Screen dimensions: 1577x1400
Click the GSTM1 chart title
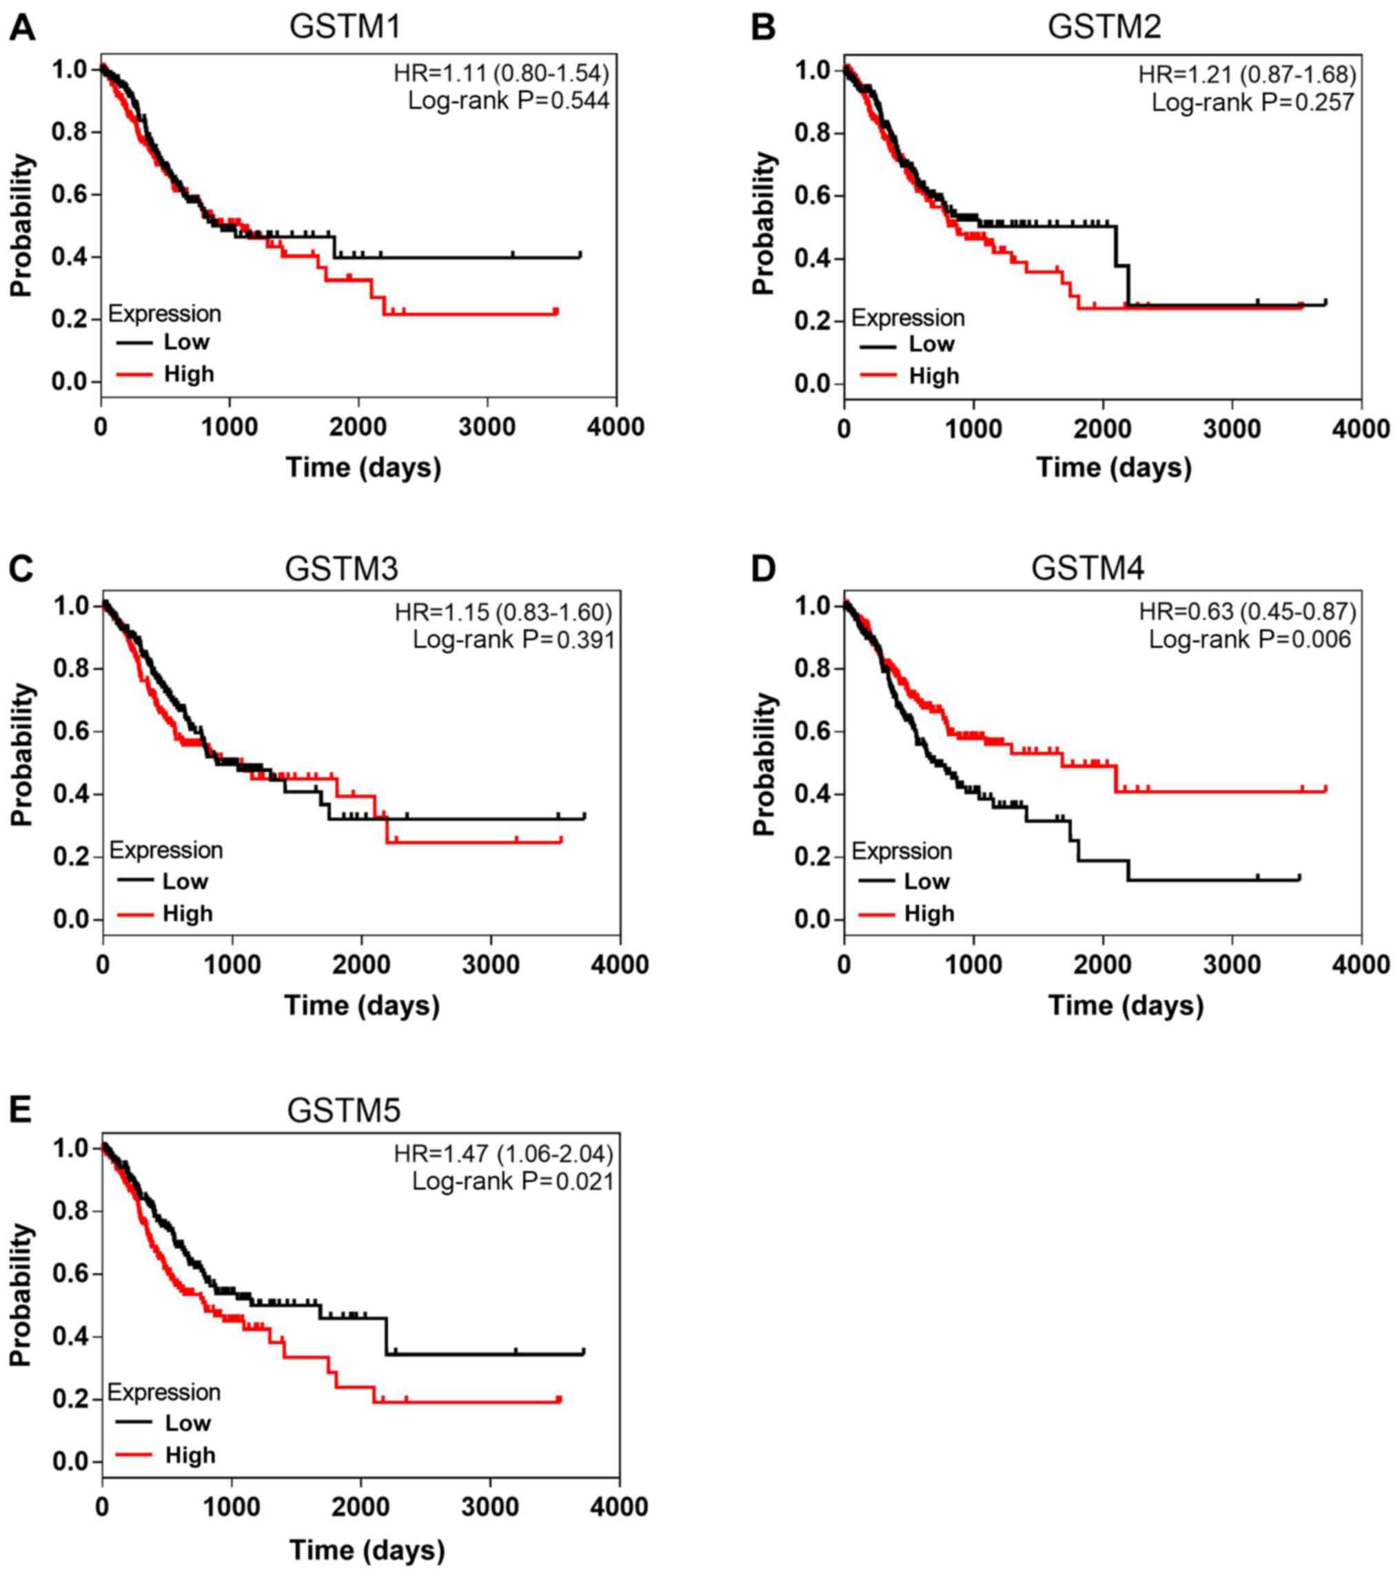345,27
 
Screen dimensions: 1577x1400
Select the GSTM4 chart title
1088,569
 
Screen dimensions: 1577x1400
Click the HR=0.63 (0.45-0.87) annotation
1247,612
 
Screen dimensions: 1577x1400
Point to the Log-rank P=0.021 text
512,1181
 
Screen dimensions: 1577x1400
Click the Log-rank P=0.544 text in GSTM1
509,101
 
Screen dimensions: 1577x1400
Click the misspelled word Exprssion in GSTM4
902,851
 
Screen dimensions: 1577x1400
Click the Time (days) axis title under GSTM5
367,1549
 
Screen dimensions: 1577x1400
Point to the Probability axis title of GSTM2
763,224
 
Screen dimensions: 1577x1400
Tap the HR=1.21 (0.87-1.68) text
1247,75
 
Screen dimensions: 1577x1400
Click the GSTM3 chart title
342,569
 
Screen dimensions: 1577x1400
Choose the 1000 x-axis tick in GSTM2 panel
974,428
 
